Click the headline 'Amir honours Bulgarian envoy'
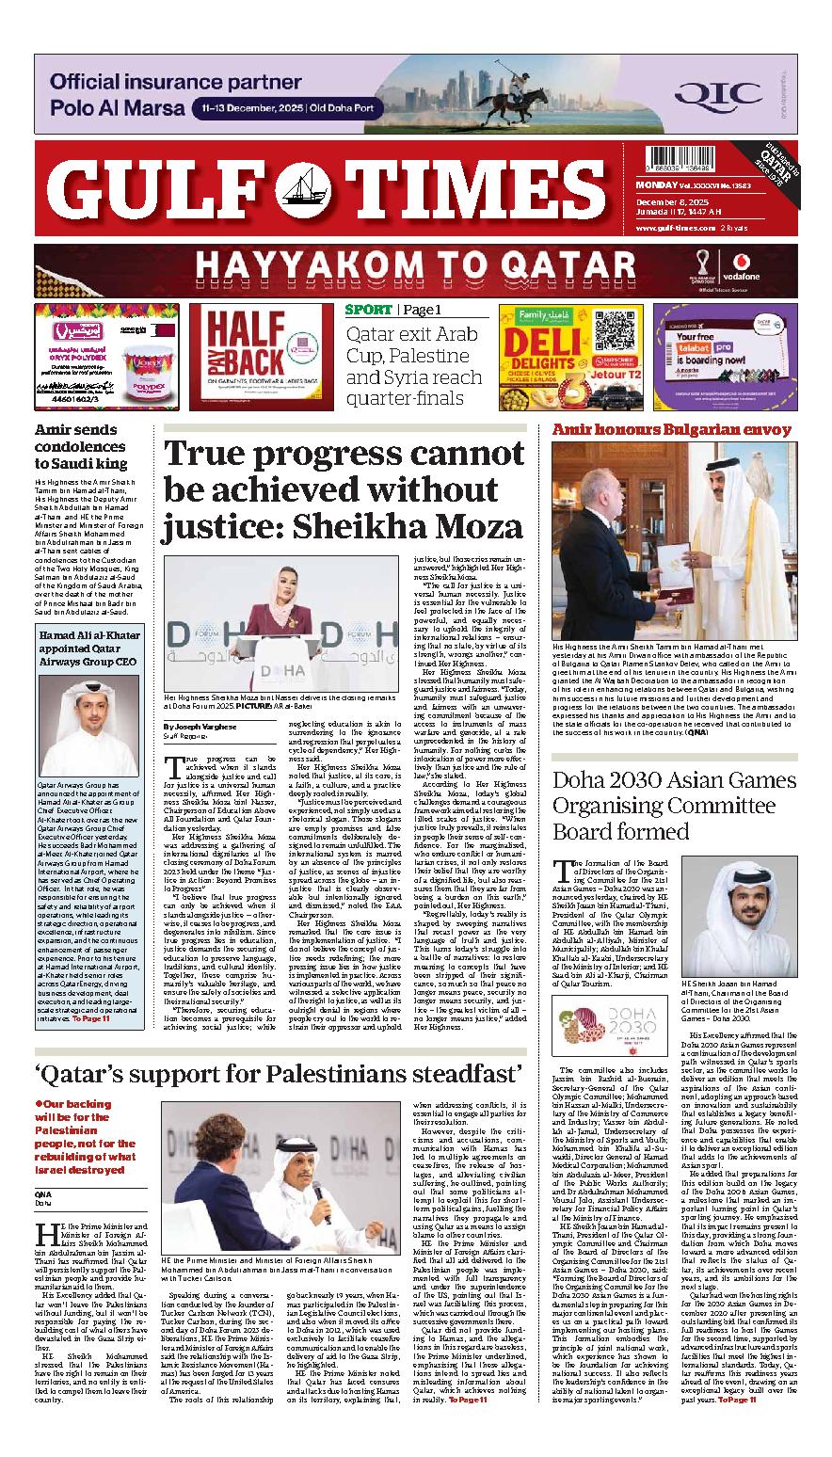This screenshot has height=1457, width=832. pos(672,430)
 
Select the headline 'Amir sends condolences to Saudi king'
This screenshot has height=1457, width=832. pos(81,446)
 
